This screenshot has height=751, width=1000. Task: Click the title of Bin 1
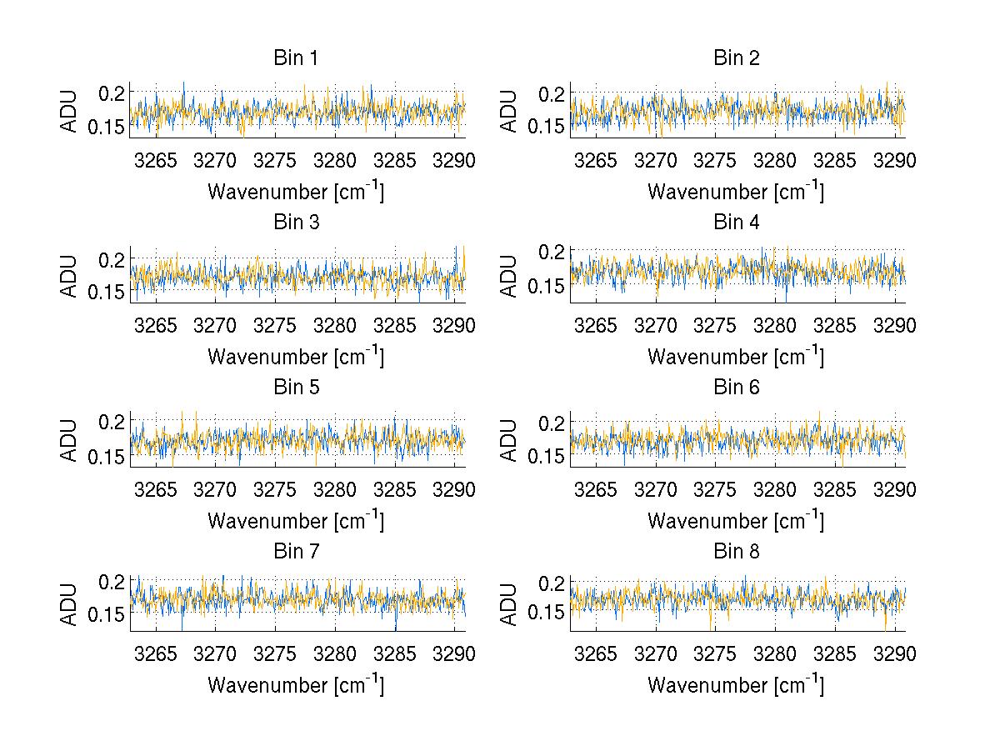[295, 58]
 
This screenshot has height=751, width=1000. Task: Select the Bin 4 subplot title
[736, 222]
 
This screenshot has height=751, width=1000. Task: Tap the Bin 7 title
[295, 551]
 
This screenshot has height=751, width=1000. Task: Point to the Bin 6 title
[736, 387]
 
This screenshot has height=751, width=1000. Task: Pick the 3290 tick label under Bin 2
[894, 160]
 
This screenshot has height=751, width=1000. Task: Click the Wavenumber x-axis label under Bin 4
[736, 357]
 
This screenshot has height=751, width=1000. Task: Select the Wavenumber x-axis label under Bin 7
[295, 685]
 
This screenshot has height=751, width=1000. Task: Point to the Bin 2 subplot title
[736, 58]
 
